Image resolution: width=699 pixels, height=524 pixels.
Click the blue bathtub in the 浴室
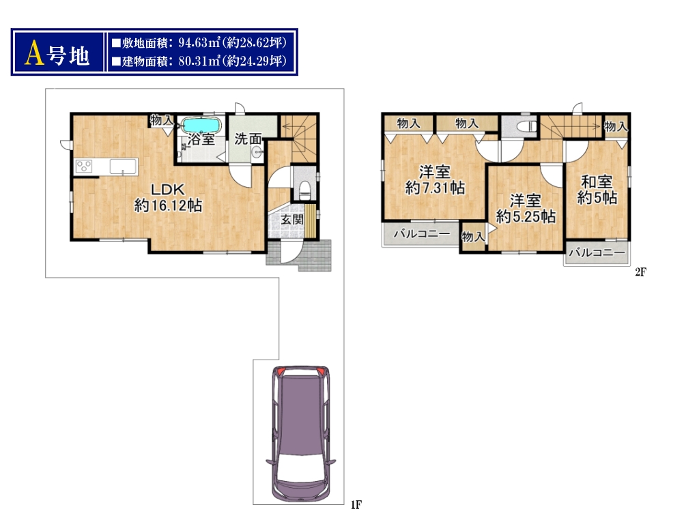[201, 125]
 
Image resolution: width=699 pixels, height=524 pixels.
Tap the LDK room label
[168, 190]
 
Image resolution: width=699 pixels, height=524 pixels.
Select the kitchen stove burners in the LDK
[83, 166]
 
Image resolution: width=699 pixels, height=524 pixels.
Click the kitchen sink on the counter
[124, 167]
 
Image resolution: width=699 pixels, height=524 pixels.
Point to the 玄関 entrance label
[292, 219]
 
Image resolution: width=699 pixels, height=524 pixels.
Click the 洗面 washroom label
[248, 139]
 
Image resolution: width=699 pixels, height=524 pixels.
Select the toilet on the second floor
[527, 126]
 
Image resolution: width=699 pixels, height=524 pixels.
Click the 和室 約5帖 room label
[597, 190]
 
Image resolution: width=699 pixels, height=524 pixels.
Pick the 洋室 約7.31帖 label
[435, 179]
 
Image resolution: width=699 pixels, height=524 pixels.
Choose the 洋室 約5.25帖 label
[526, 209]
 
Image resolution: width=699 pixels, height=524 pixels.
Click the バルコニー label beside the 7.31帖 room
[422, 233]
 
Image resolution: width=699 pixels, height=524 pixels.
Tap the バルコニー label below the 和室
[597, 252]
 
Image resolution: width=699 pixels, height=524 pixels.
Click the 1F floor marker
[356, 504]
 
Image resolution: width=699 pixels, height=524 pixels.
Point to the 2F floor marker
[640, 272]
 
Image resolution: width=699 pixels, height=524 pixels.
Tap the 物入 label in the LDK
[161, 120]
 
